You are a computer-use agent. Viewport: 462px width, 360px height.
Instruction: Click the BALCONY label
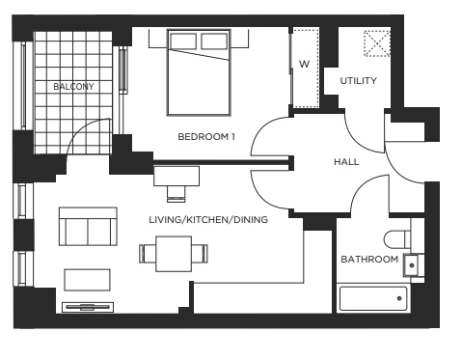73,86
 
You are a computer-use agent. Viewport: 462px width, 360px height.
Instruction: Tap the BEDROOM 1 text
206,137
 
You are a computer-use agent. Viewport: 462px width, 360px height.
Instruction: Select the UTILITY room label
359,81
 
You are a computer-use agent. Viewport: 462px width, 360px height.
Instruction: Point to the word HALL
346,161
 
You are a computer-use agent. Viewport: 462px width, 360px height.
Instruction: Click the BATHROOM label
369,259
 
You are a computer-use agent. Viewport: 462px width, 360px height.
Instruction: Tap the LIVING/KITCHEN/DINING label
208,220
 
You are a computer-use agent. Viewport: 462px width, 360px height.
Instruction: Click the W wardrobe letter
304,64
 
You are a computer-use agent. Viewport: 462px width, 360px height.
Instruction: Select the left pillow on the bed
183,42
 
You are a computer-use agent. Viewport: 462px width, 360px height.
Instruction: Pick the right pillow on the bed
214,42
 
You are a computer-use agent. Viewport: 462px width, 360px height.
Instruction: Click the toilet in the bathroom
398,239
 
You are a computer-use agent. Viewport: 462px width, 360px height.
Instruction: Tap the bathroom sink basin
412,265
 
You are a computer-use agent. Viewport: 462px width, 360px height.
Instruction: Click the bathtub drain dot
399,298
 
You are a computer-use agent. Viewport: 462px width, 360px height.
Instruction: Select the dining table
174,254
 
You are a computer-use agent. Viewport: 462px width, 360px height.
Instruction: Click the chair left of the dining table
148,254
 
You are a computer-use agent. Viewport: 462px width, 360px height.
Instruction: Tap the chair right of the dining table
200,254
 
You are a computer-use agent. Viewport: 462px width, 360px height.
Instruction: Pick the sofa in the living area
88,227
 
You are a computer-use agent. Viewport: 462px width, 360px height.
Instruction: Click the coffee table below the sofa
87,280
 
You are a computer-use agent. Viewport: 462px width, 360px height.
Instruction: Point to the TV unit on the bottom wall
88,307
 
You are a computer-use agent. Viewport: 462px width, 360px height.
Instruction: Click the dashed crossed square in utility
377,43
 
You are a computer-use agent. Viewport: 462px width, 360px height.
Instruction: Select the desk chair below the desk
177,194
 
